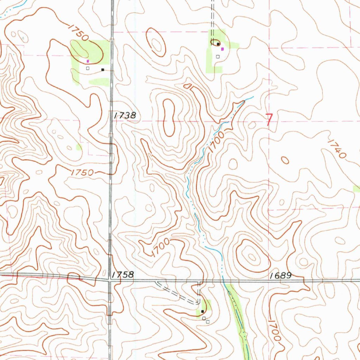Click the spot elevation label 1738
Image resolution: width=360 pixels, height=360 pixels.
[x=123, y=115]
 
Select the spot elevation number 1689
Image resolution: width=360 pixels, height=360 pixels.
[x=281, y=276]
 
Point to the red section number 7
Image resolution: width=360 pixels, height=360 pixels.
[x=269, y=120]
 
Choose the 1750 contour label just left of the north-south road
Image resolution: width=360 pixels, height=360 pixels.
[x=82, y=172]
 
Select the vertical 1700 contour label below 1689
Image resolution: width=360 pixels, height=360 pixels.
[x=274, y=330]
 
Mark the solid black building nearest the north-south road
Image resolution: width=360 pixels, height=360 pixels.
[x=103, y=70]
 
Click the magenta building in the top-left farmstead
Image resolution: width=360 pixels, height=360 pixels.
[x=88, y=61]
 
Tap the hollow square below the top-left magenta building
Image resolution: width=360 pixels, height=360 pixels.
[x=88, y=68]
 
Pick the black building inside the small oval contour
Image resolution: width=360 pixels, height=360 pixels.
[x=218, y=44]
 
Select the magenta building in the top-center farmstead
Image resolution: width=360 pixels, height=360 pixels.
[x=222, y=49]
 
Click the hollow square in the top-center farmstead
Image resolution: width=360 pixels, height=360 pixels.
[x=218, y=56]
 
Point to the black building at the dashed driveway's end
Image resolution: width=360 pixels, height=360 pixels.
[x=202, y=311]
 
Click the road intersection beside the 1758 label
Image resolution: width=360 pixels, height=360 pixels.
[x=110, y=280]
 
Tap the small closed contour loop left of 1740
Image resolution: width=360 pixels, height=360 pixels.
[x=285, y=160]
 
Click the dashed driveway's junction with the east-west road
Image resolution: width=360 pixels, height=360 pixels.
[x=199, y=281]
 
